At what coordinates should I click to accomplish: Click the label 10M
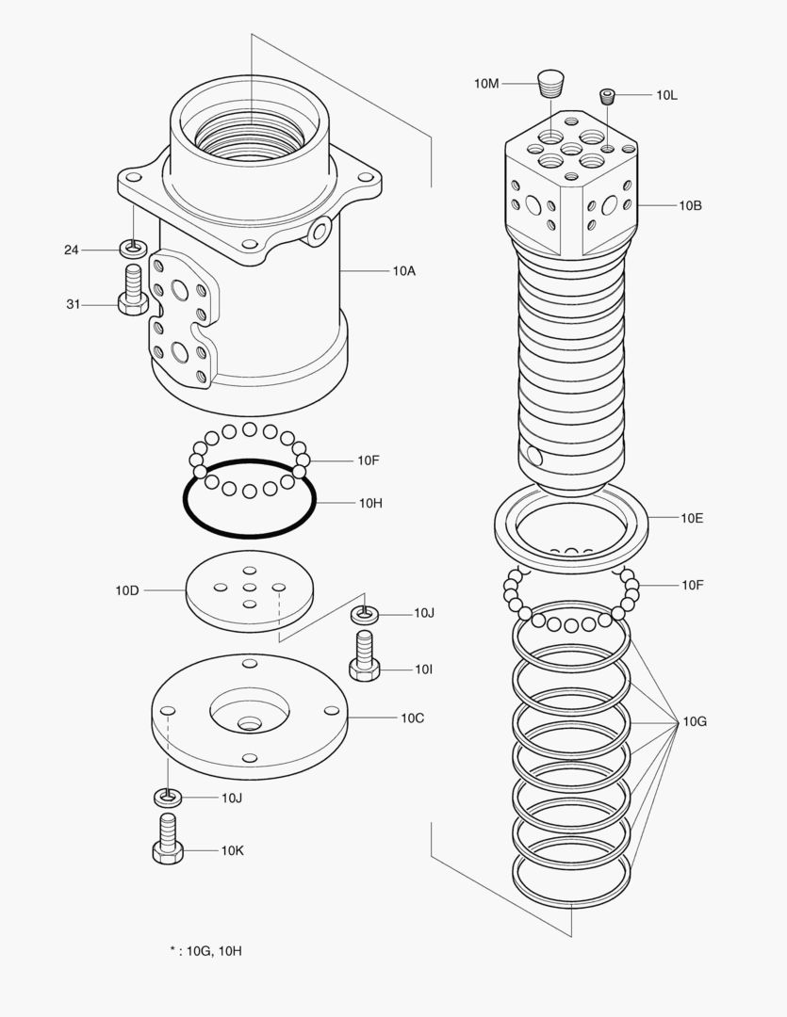click(485, 84)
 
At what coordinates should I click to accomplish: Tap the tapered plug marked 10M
click(549, 84)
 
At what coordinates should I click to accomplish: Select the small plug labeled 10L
click(608, 95)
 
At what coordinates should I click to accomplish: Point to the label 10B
click(690, 204)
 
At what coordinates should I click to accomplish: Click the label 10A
click(404, 270)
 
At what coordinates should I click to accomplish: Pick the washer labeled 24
click(133, 250)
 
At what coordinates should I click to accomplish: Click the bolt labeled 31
click(132, 291)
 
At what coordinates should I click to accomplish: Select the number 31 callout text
click(73, 303)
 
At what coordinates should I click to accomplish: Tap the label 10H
click(369, 503)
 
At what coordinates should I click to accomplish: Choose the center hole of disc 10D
click(250, 588)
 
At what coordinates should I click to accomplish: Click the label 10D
click(127, 590)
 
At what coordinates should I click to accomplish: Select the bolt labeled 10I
click(365, 655)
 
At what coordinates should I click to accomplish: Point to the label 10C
click(412, 718)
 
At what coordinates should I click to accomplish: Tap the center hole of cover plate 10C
click(250, 723)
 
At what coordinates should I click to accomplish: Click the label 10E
click(692, 518)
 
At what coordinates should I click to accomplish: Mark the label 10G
click(695, 721)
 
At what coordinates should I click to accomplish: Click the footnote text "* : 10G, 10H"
click(205, 951)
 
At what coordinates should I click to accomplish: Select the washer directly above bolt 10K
click(167, 798)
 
